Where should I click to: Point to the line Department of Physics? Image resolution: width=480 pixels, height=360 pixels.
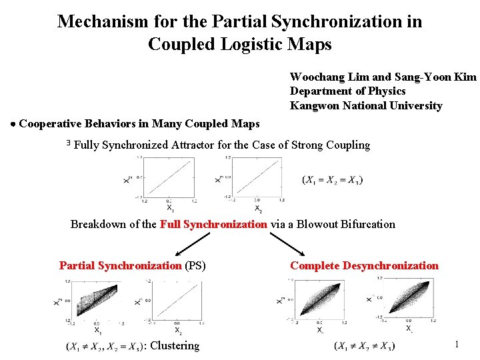[x=347, y=91]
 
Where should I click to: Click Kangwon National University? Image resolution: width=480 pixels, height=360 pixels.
[x=366, y=106]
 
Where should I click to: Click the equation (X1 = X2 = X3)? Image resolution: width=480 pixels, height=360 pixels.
[x=332, y=179]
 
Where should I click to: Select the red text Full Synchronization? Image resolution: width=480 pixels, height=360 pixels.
[x=213, y=225]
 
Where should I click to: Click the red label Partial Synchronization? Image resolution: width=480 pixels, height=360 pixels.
[x=120, y=266]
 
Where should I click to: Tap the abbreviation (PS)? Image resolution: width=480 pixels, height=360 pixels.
[x=195, y=266]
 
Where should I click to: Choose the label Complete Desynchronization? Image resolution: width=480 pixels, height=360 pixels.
[x=364, y=266]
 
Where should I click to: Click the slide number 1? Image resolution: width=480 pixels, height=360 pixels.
[x=457, y=345]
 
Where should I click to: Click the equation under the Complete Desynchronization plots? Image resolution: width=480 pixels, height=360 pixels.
[x=365, y=345]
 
